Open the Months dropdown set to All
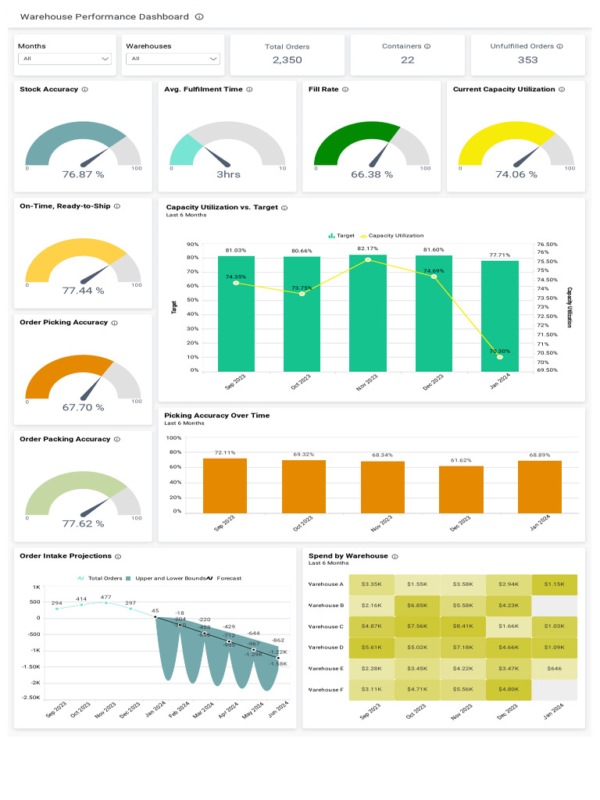pos(65,59)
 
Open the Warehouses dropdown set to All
pos(173,59)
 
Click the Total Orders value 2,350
pos(287,60)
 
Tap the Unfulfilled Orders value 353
pos(527,60)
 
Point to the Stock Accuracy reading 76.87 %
pos(83,174)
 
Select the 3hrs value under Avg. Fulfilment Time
pos(228,174)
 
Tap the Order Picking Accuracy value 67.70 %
pos(83,407)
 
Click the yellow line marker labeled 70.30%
pos(500,357)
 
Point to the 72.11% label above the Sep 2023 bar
pos(224,452)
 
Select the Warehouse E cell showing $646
pos(554,669)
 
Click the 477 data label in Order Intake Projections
pos(106,598)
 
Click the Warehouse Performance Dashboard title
pos(105,16)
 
